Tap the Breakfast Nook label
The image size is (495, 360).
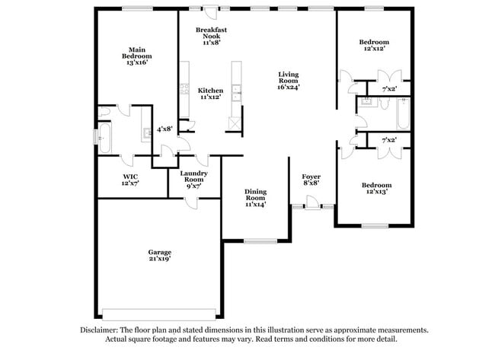coord(211,36)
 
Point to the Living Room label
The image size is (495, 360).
coord(289,81)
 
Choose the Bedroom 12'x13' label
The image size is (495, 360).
coord(376,188)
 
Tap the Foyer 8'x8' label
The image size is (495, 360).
coord(311,179)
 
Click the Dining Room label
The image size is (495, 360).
coord(255,198)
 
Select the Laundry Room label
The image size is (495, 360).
coord(193,178)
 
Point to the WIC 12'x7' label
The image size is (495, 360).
coord(130,180)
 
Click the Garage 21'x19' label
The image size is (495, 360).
coord(159,255)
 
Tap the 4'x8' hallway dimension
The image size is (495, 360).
coord(164,129)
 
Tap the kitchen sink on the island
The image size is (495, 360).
coord(237,96)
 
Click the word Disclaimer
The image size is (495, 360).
coord(101,330)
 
